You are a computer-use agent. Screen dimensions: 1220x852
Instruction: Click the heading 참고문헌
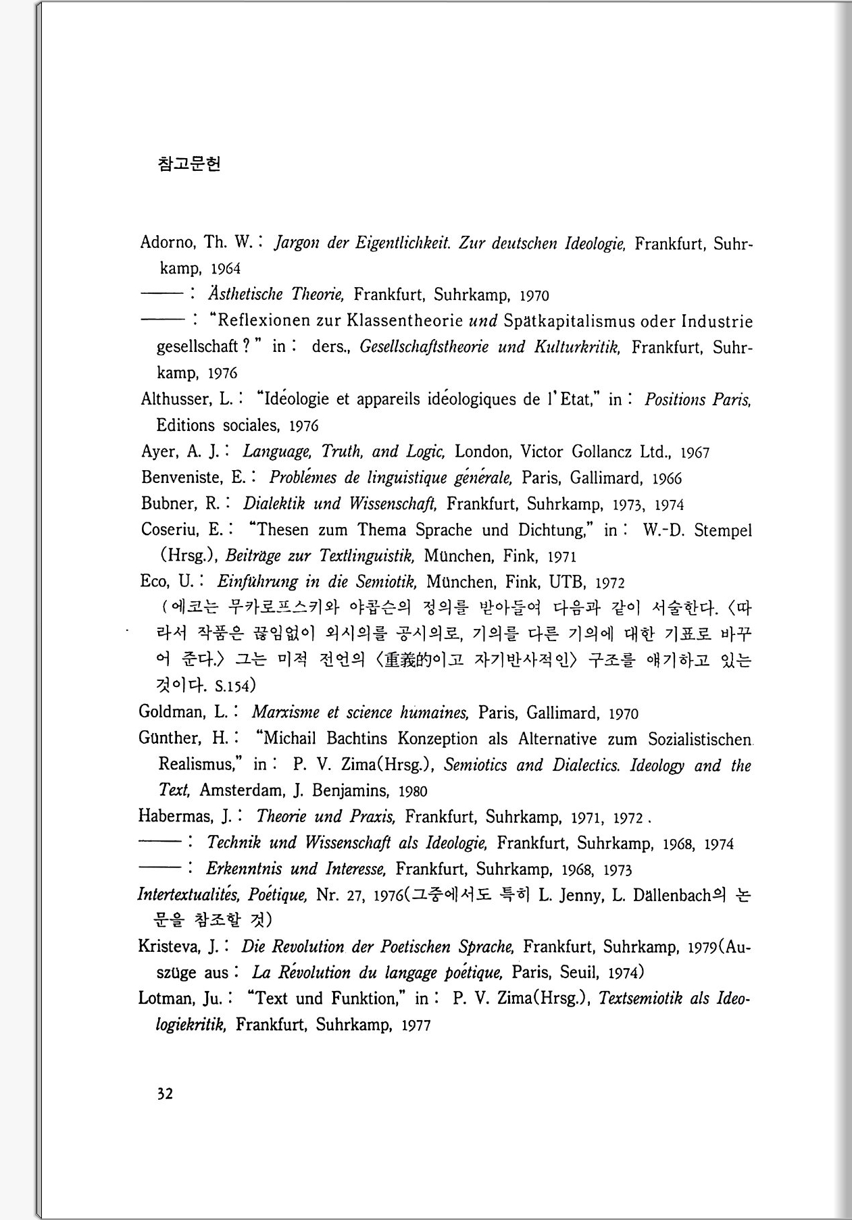point(189,164)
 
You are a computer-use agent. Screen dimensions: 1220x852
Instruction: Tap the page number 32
point(165,1094)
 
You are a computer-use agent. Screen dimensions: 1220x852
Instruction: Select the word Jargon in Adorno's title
point(296,243)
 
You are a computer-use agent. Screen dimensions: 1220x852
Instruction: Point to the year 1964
point(225,269)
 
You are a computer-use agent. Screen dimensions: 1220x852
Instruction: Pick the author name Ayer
point(159,451)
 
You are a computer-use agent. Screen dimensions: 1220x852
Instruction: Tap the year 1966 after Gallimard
point(666,479)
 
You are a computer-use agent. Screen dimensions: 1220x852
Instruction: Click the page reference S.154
point(232,687)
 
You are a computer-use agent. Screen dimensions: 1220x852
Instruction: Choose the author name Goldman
point(174,712)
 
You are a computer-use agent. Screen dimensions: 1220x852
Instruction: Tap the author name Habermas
point(175,816)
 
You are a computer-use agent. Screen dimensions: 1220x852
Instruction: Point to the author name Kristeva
point(169,946)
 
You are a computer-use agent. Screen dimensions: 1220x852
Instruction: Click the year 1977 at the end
point(416,1025)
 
